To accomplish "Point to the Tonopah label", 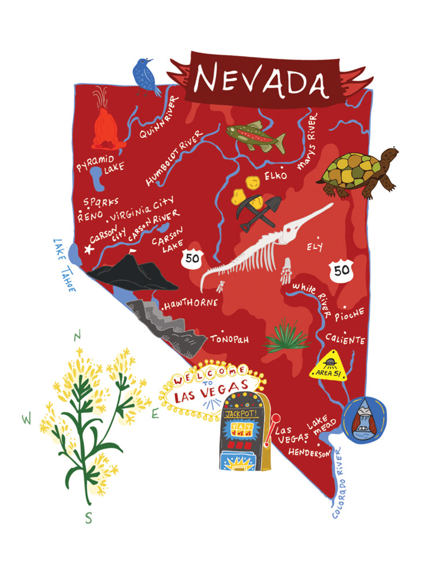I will [x=229, y=339].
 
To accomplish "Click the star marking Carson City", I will [x=88, y=249].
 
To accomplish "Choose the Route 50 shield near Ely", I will [x=340, y=269].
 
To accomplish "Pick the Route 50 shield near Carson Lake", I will [x=192, y=258].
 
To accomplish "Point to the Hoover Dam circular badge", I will [x=365, y=420].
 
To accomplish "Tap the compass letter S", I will [x=88, y=518].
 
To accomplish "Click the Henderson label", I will [x=309, y=453].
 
